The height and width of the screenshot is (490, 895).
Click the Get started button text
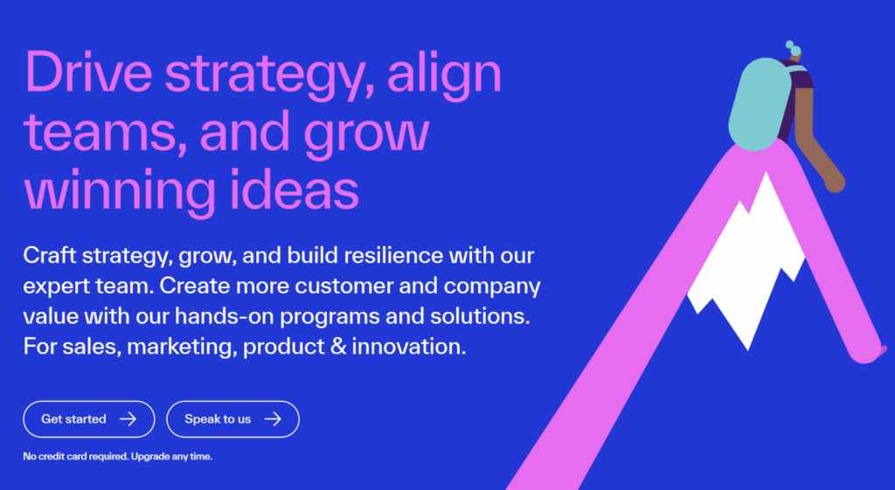click(x=73, y=419)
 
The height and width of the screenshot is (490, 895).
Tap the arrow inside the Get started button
click(x=128, y=419)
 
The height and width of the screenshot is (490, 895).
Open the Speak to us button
click(x=218, y=419)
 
